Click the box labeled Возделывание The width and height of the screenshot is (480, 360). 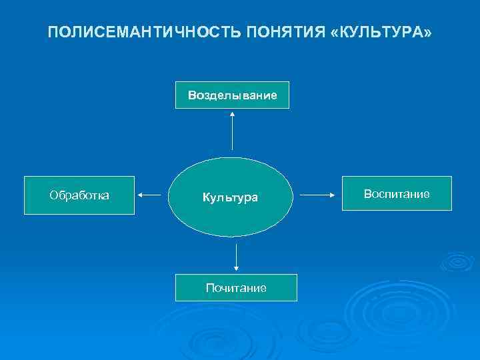tap(232, 95)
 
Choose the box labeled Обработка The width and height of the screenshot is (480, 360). tap(79, 195)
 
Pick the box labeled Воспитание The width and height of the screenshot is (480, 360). tap(397, 193)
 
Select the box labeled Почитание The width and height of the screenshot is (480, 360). tap(236, 287)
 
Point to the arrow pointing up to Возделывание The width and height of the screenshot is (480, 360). tap(232, 130)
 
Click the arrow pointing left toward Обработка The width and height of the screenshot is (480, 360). tap(150, 195)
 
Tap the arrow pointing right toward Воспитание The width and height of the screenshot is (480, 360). tap(317, 195)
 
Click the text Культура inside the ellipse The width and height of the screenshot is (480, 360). tap(231, 198)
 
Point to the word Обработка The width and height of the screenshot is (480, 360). tap(79, 195)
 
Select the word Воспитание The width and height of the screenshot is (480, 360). tap(397, 193)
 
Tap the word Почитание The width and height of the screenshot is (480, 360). tap(236, 288)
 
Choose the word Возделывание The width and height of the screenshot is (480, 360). tap(232, 95)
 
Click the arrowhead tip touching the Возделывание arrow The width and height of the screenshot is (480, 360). tap(232, 113)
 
